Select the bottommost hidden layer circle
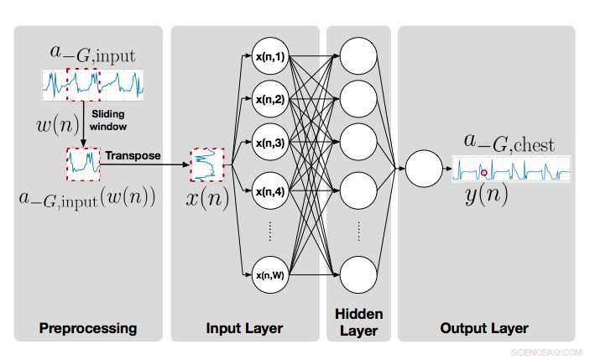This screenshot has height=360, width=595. [x=358, y=274]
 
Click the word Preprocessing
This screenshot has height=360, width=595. [x=88, y=328]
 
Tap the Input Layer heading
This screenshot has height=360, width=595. [x=245, y=328]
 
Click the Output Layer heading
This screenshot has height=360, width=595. [x=484, y=328]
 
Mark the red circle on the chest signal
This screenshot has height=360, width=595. [x=484, y=174]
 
